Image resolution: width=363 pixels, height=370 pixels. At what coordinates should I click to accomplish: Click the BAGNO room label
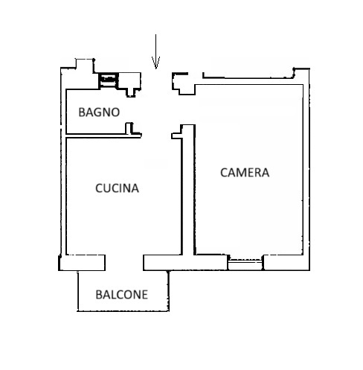[99, 112]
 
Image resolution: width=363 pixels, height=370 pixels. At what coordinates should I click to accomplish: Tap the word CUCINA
[117, 188]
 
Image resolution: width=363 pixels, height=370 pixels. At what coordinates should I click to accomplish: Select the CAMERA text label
[245, 173]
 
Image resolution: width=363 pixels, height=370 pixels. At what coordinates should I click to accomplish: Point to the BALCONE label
[122, 295]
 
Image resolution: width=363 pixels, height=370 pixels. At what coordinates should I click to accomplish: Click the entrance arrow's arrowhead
[155, 63]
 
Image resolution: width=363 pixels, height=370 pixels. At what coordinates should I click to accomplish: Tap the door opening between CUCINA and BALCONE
[124, 263]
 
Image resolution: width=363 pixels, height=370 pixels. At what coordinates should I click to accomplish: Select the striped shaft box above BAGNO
[109, 80]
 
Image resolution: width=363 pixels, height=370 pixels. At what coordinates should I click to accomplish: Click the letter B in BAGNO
[82, 112]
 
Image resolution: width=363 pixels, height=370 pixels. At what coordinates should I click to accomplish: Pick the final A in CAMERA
[266, 173]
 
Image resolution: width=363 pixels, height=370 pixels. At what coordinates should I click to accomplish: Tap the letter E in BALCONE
[144, 295]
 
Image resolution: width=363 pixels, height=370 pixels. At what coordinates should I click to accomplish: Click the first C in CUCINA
[99, 188]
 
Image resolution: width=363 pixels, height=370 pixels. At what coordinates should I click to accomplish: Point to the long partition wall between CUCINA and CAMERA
[188, 190]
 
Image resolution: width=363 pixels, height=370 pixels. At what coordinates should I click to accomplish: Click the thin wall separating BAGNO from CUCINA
[103, 135]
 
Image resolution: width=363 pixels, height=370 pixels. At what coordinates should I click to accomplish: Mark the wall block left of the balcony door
[83, 263]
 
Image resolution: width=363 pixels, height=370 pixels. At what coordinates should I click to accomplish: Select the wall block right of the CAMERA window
[286, 263]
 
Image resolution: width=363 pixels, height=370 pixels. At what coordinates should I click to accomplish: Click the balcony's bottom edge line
[123, 310]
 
